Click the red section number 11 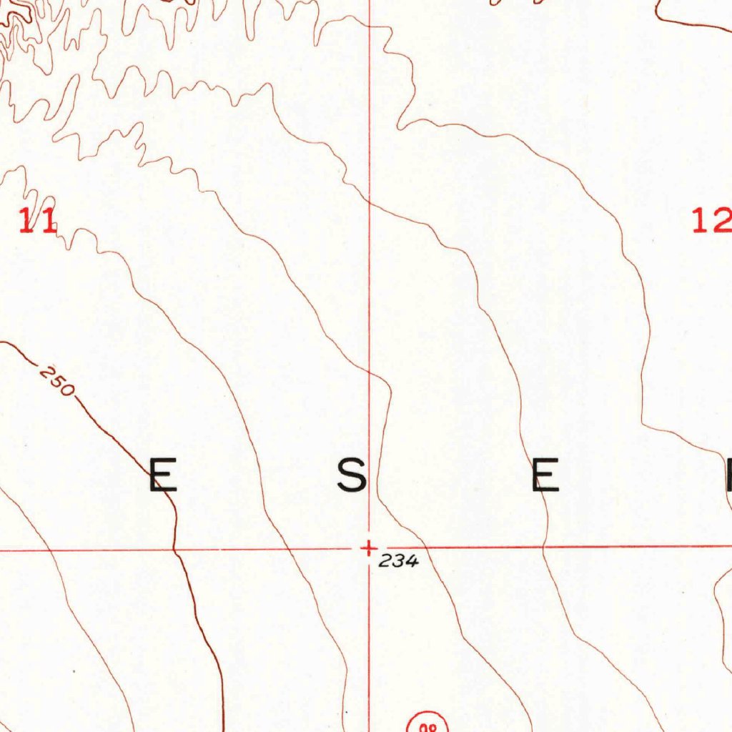pyautogui.click(x=37, y=220)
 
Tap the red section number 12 pyautogui.click(x=711, y=220)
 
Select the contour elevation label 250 pyautogui.click(x=57, y=381)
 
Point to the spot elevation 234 pyautogui.click(x=398, y=562)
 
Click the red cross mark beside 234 pyautogui.click(x=368, y=549)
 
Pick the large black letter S pyautogui.click(x=352, y=476)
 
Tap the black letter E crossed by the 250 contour pyautogui.click(x=163, y=476)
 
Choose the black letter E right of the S pyautogui.click(x=545, y=476)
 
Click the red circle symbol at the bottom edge pyautogui.click(x=427, y=724)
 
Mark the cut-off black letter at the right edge pyautogui.click(x=728, y=476)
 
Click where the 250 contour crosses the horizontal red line pyautogui.click(x=176, y=550)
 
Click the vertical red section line pyautogui.click(x=370, y=286)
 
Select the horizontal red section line pyautogui.click(x=572, y=548)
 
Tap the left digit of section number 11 pyautogui.click(x=26, y=220)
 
